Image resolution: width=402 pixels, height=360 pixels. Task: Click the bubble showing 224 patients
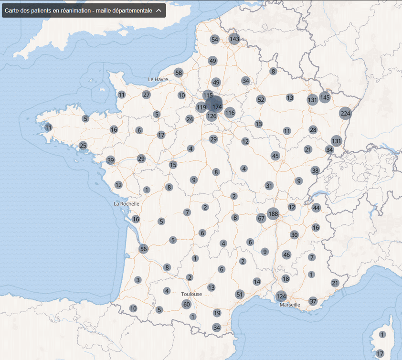[x=345, y=114]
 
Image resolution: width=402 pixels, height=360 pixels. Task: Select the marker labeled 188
[x=273, y=213]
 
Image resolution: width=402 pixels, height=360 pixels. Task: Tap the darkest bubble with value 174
[x=217, y=106]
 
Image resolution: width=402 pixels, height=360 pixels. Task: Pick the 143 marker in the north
[x=234, y=39]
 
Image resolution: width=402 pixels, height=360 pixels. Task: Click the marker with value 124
[x=281, y=296]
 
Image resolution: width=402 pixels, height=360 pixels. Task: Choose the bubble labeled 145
[x=325, y=97]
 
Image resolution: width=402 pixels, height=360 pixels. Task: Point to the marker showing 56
[x=144, y=249]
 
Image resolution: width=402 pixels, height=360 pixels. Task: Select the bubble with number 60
[x=187, y=304]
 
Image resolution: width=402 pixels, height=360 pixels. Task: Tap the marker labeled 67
[x=261, y=218]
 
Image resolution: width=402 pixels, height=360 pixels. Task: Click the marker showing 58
[x=179, y=73]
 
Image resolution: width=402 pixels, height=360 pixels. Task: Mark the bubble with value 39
[x=111, y=160]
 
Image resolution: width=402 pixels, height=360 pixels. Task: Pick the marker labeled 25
[x=83, y=145]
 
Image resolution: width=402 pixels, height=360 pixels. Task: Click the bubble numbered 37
[x=313, y=301]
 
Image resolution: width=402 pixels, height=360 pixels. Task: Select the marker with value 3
[x=138, y=280]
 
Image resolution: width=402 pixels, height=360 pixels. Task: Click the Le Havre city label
[x=158, y=79]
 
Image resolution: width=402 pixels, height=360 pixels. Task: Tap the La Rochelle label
[x=127, y=203]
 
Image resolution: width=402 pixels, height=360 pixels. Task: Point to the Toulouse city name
[x=191, y=294]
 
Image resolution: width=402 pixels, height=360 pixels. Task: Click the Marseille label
[x=290, y=305]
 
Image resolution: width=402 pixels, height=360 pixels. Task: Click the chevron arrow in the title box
[x=159, y=11]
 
